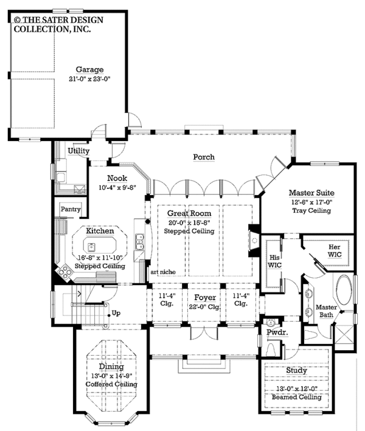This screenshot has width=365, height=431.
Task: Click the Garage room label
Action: click(89, 69)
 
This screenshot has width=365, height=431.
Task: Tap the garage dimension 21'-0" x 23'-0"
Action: click(89, 79)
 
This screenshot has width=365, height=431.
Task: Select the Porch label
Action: click(204, 157)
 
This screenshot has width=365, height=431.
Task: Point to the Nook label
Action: click(117, 178)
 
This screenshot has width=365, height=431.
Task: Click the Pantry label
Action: click(71, 209)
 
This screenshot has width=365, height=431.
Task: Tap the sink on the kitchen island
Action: click(92, 247)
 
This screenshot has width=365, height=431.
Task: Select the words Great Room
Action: click(189, 213)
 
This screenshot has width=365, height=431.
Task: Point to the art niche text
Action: click(163, 272)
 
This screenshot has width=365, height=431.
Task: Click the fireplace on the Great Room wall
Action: click(254, 241)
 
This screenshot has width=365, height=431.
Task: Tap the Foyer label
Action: click(205, 297)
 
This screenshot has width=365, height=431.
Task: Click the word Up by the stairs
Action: click(116, 313)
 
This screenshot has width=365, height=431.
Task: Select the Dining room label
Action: click(111, 367)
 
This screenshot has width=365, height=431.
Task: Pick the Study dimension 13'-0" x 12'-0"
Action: click(297, 388)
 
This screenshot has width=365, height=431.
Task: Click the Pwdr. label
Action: click(277, 332)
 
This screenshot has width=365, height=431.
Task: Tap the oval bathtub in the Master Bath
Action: click(344, 290)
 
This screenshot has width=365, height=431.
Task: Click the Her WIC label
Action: click(335, 250)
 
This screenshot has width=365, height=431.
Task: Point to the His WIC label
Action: click(274, 261)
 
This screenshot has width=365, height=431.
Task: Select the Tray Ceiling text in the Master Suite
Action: click(311, 210)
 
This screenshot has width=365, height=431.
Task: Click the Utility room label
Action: click(78, 151)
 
